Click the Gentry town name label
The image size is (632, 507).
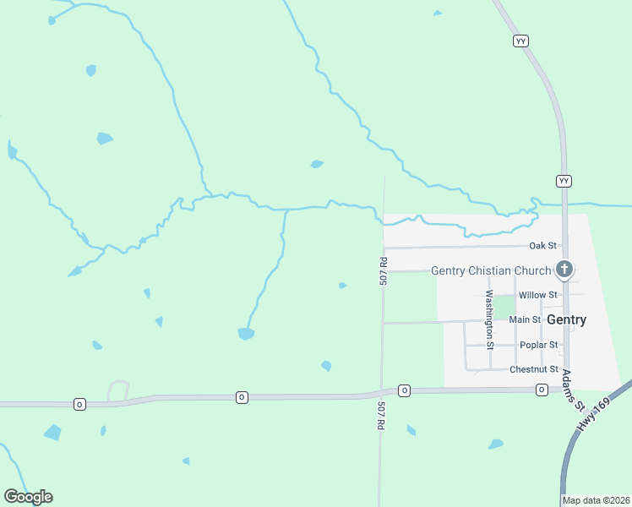pos(566,320)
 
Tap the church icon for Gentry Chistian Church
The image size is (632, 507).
pos(565,270)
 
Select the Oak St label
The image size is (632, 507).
pos(542,246)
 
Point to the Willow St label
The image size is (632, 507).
pos(538,295)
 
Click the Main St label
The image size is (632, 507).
pos(525,320)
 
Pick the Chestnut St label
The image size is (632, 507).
pos(534,369)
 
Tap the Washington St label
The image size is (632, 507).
pos(489,319)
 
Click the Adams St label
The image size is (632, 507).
pos(574,390)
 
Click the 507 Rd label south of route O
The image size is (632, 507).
pos(380,417)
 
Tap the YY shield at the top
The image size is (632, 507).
pos(520,41)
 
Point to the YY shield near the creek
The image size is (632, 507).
pos(564,181)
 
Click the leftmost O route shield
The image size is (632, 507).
pos(79,405)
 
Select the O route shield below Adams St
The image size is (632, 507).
pos(541,390)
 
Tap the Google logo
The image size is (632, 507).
pos(28,497)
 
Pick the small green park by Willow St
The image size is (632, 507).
pos(504,307)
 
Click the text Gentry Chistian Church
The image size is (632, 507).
pos(491,270)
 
